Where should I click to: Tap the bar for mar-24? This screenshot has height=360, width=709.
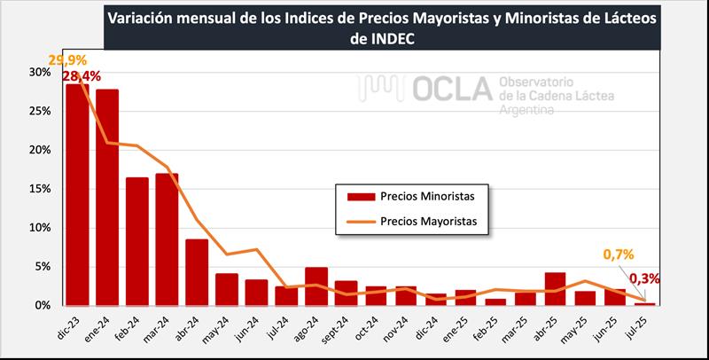click(x=167, y=239)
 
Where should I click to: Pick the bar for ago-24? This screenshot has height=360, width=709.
click(x=316, y=286)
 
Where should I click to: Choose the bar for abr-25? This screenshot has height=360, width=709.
click(x=556, y=289)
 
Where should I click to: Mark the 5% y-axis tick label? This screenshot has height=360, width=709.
click(x=42, y=266)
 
